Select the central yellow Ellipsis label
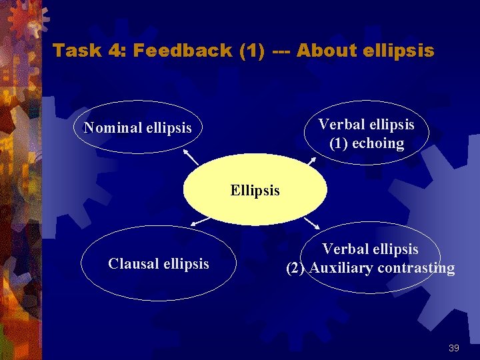pyautogui.click(x=255, y=191)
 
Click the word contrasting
pyautogui.click(x=416, y=269)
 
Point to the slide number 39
pyautogui.click(x=454, y=348)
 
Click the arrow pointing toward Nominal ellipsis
pyautogui.click(x=191, y=158)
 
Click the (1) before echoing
pyautogui.click(x=340, y=143)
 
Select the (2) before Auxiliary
pyautogui.click(x=297, y=269)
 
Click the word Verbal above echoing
pyautogui.click(x=340, y=125)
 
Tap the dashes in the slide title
pyautogui.click(x=282, y=51)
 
